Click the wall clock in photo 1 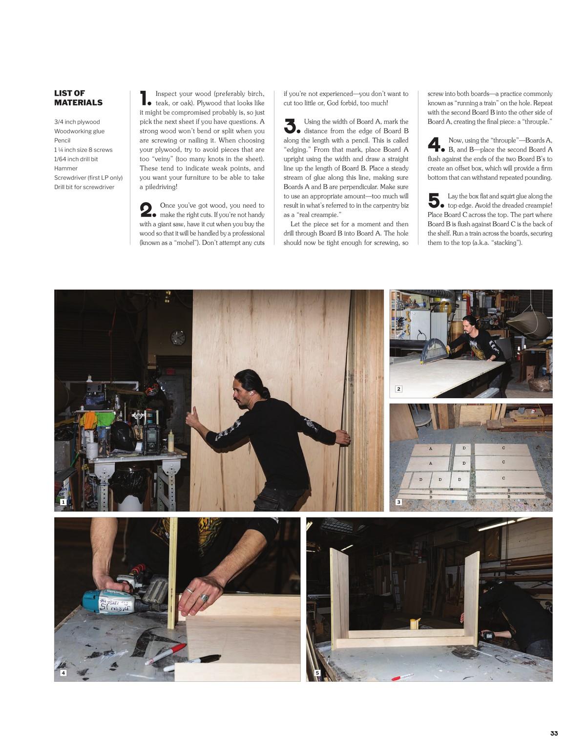tap(178, 337)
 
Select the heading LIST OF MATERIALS tap(78, 98)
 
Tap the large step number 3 tap(291, 126)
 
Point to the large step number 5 tap(436, 200)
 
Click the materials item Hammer tap(66, 168)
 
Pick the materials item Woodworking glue tap(79, 131)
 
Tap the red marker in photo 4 tap(165, 654)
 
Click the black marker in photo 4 tap(192, 663)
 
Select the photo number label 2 tap(398, 389)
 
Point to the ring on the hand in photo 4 tap(204, 598)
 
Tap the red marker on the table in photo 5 tap(402, 677)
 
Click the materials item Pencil tap(62, 141)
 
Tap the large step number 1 tap(145, 98)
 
